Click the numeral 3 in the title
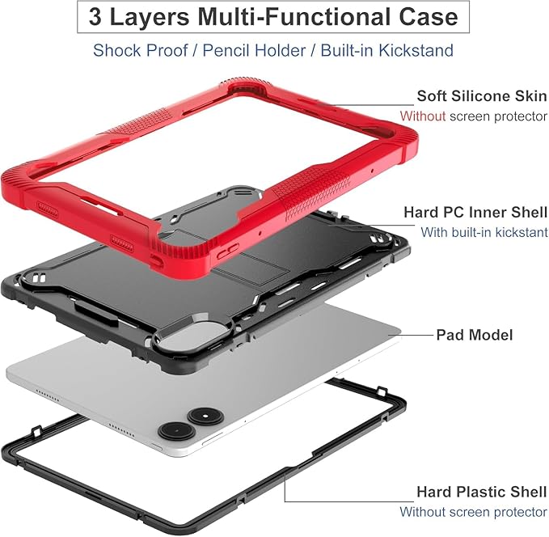(95, 17)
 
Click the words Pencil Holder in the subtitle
(254, 50)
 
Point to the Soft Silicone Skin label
(482, 96)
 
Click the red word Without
(423, 116)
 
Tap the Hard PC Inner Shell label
(475, 212)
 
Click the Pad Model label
(475, 335)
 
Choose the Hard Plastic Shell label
(482, 492)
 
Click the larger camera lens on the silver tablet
(177, 430)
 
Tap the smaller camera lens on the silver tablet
(205, 416)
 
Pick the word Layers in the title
(150, 18)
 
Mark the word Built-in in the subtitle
(348, 50)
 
